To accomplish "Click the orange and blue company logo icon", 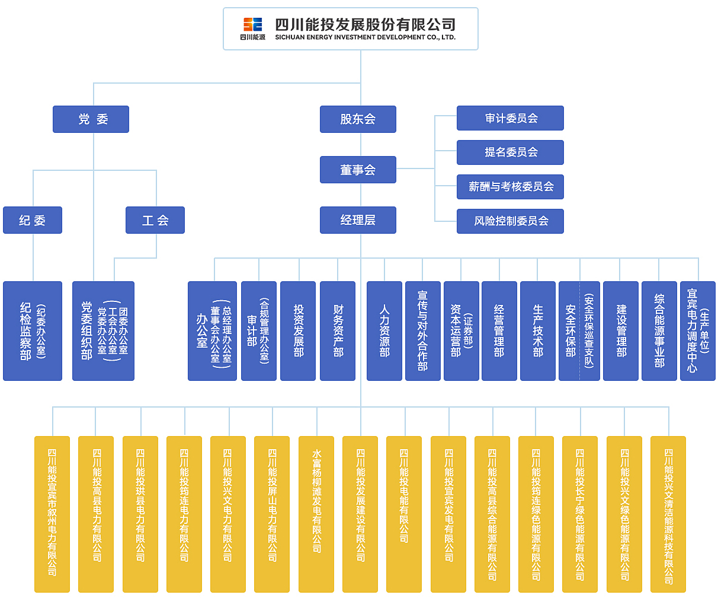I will [x=252, y=24].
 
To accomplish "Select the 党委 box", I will [x=91, y=119].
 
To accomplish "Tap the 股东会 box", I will [x=358, y=119].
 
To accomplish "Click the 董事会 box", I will [x=358, y=170].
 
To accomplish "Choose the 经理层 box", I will [x=358, y=220].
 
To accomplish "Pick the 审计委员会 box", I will [x=510, y=119].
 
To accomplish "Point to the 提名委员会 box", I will [x=510, y=152].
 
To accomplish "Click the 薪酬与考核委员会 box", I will [x=510, y=187].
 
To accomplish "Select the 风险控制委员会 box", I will [x=510, y=221].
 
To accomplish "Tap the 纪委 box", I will [x=33, y=220].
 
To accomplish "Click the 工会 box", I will [x=155, y=220].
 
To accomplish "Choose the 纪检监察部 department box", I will [x=33, y=331].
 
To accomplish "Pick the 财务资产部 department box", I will [x=338, y=331].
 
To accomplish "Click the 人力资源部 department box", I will [x=384, y=331].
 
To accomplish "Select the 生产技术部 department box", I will [x=538, y=331].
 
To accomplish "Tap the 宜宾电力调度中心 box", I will [x=698, y=331].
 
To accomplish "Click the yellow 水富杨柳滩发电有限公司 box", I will [x=316, y=514].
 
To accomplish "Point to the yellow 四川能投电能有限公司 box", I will [x=404, y=514].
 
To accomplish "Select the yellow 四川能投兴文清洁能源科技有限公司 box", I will [x=668, y=514].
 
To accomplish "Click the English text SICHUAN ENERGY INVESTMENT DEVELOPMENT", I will [x=365, y=37].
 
